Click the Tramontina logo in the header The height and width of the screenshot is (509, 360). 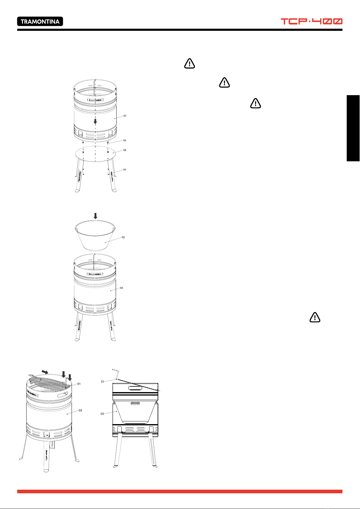[x=40, y=21]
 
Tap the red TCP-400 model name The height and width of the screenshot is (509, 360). [x=311, y=21]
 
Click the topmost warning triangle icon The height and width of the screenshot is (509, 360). [x=189, y=63]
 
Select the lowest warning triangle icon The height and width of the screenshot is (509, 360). [x=315, y=317]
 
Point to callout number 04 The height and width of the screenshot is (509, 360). [x=125, y=140]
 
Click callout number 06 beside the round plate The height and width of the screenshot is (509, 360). [x=125, y=150]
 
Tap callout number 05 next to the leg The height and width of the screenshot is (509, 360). [x=125, y=169]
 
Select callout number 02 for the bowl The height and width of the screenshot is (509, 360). [x=123, y=237]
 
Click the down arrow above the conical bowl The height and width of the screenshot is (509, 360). [x=95, y=216]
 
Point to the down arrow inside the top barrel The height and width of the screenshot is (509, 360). [x=95, y=121]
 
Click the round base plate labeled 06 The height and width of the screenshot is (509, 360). [x=95, y=154]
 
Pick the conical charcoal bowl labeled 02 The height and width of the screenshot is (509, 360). [x=95, y=235]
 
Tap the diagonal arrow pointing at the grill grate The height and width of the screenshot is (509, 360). [x=45, y=372]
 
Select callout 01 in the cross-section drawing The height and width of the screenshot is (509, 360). [x=102, y=382]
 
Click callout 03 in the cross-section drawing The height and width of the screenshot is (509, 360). [x=102, y=414]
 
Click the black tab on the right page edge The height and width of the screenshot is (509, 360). [x=353, y=128]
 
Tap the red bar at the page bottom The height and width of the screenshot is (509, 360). [x=180, y=491]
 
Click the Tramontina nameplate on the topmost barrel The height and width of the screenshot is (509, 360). [x=95, y=100]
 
